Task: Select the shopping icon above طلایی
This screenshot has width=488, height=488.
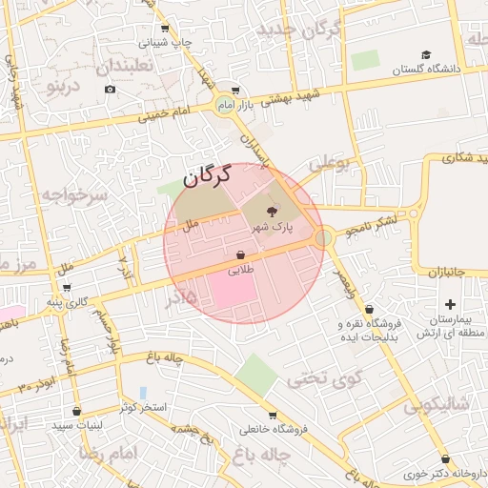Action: tap(239, 255)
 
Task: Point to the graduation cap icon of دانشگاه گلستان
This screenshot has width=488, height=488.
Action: tap(426, 55)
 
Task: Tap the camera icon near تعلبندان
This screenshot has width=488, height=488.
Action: tap(110, 90)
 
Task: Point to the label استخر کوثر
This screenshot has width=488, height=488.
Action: tap(143, 408)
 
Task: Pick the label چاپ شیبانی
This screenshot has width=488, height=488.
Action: tap(166, 43)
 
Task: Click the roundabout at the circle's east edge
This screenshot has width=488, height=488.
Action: tap(324, 236)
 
